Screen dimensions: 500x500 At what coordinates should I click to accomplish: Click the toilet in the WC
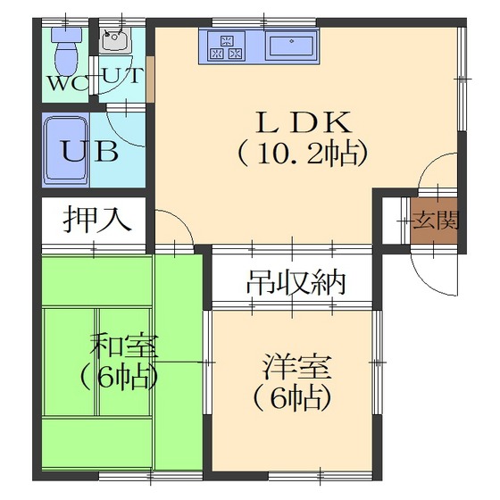66,50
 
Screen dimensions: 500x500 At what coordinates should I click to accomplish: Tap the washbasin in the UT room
115,40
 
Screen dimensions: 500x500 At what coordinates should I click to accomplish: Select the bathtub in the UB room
66,150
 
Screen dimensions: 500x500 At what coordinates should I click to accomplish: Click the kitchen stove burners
227,46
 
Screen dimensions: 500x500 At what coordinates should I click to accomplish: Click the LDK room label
304,122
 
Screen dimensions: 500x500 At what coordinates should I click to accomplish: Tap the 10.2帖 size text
303,153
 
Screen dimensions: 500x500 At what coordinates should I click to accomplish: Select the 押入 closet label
96,219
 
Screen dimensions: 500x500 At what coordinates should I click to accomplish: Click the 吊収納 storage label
296,282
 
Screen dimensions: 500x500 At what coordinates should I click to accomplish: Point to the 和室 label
124,346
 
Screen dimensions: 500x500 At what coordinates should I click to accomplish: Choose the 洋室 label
296,366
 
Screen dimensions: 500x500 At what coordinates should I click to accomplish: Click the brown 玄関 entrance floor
434,221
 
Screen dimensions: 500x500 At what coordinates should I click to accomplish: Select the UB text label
90,151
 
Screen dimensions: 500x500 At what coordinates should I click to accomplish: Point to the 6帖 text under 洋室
291,397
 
